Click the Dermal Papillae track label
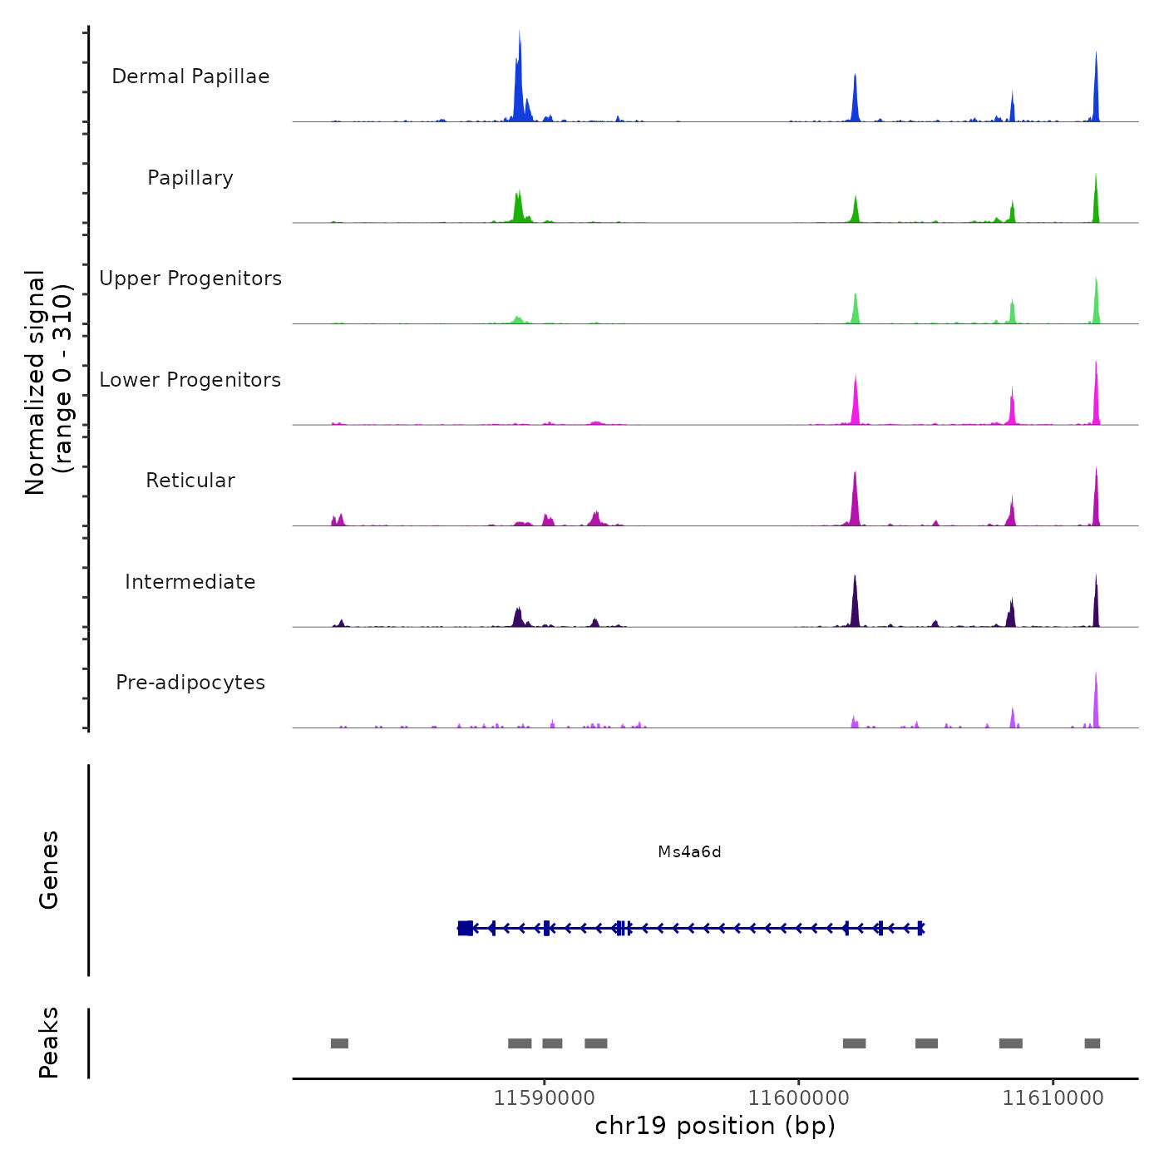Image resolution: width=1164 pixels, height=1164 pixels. coord(190,76)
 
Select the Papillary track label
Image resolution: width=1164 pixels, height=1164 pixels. coord(190,178)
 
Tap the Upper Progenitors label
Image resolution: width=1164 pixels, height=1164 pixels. coord(190,279)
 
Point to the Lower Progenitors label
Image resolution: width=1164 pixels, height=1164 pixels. coord(190,380)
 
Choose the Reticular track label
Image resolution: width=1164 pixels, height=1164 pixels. coord(190,481)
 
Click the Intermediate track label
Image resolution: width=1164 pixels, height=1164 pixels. coord(190,582)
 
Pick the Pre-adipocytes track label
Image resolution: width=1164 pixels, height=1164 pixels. coord(190,683)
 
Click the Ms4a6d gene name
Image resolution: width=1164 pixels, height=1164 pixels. coord(689,852)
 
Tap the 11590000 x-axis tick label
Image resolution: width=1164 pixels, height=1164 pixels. coord(545,1098)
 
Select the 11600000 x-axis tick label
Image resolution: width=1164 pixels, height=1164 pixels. coord(799,1098)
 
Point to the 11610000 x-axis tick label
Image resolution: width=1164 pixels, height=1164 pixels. coord(1053,1098)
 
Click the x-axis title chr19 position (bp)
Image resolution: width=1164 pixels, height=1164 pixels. coord(715,1127)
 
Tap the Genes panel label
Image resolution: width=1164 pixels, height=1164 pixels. coord(49,870)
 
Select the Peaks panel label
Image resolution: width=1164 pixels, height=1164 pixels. coord(49,1043)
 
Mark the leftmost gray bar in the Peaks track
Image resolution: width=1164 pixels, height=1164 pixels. coord(339,1043)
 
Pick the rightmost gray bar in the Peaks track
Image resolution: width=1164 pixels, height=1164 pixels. coord(1092,1043)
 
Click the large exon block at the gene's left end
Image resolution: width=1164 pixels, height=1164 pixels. coord(466,928)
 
